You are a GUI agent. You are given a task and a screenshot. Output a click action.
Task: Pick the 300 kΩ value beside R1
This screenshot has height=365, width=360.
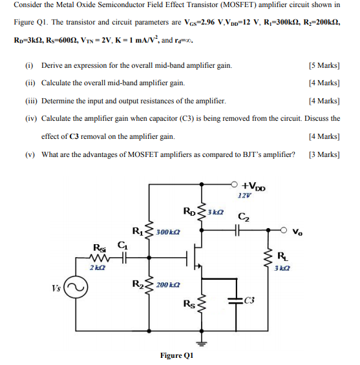[x=168, y=231]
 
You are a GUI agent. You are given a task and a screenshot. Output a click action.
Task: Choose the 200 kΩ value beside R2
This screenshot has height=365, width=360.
[x=168, y=284]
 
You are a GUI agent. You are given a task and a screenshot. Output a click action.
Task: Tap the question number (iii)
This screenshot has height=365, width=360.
[x=29, y=101]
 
